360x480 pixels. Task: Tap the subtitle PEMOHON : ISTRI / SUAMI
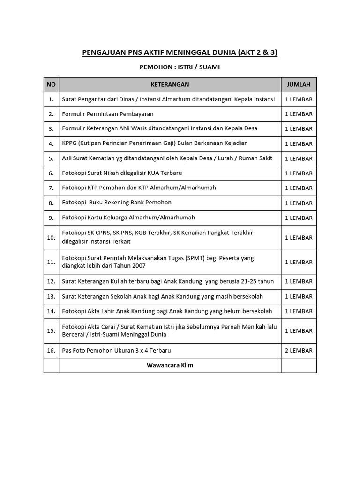pos(180,67)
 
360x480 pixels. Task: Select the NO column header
pos(51,84)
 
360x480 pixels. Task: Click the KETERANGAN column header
pos(170,84)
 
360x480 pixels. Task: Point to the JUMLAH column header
pos(299,84)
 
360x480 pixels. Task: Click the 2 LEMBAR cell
pos(299,351)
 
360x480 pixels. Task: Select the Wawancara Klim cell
pos(170,365)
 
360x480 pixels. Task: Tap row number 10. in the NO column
pos(51,237)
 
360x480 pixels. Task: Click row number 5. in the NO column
pos(51,158)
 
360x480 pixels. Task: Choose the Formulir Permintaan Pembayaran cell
pos(108,114)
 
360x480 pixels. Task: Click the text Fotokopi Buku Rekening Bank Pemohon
pos(117,202)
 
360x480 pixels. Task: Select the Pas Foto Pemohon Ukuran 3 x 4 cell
pos(116,351)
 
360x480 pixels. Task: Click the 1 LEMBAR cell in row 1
pos(299,99)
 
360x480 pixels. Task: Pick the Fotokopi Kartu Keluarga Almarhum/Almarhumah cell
pos(128,217)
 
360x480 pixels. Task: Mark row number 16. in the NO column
pos(51,351)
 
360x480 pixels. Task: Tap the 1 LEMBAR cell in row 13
pos(299,296)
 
